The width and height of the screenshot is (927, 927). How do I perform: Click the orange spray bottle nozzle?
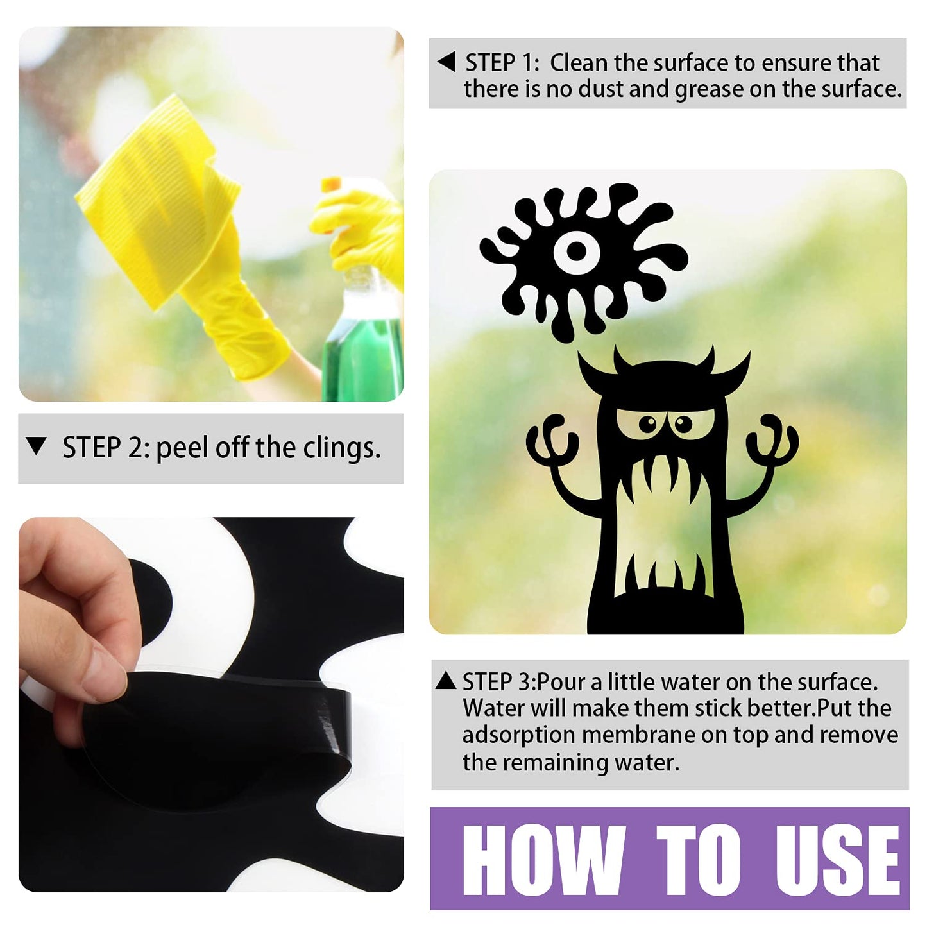tap(331, 185)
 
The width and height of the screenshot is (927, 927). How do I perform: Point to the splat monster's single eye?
tap(576, 250)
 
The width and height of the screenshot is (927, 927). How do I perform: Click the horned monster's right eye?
tap(683, 423)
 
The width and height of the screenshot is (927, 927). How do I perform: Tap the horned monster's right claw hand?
tap(772, 441)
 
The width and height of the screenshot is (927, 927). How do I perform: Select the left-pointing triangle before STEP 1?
tap(446, 62)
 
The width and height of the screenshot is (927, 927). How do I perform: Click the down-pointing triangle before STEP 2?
tap(37, 446)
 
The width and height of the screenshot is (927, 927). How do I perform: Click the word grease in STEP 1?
tap(709, 90)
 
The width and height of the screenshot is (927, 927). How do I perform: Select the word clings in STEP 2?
tap(341, 449)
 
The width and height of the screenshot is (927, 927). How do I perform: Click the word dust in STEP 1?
tap(600, 89)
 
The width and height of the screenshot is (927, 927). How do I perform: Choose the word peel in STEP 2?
tap(183, 449)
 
